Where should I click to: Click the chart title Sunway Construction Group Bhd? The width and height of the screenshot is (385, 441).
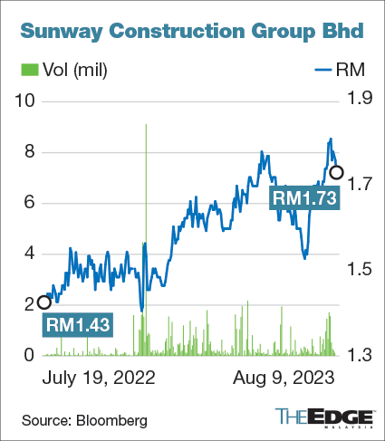(192, 32)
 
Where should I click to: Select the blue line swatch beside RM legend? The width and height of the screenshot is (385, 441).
(323, 69)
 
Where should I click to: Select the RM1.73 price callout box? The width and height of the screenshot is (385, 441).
(306, 196)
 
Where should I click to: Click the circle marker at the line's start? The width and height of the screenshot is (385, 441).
(43, 302)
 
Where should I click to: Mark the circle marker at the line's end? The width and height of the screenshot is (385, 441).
(336, 172)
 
